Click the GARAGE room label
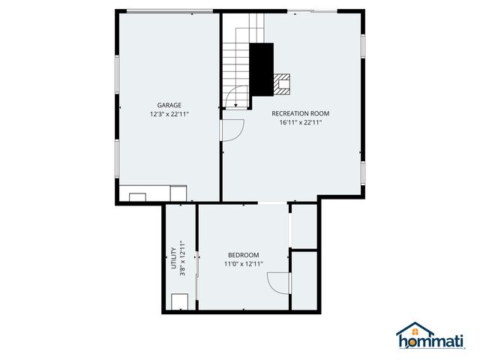coord(169,105)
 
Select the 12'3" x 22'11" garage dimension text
coord(169,115)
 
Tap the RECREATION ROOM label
coord(300,113)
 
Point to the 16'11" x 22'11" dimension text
coord(300,122)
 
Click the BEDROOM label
coord(244,255)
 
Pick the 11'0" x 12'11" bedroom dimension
coord(244,264)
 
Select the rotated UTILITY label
coord(173,258)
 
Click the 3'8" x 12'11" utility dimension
coord(182,258)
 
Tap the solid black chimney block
coord(261,68)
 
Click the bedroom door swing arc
coord(277,283)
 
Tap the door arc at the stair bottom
coord(238,97)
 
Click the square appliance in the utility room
coord(180,301)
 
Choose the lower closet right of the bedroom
coord(304,280)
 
